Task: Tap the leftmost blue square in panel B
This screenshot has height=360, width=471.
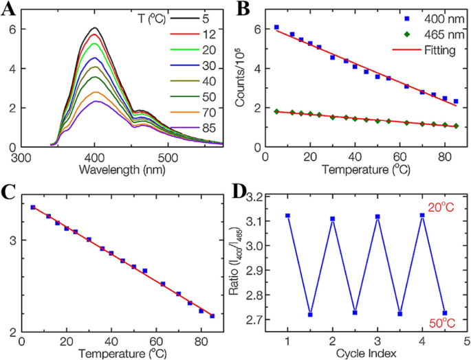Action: (276, 27)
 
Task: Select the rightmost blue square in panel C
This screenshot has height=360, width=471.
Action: (212, 316)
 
